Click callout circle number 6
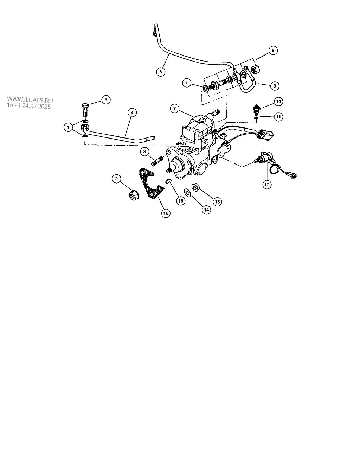pos(161,72)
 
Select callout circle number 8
pos(273,50)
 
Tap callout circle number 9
pos(275,86)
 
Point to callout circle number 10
pos(278,102)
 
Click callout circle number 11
pos(278,117)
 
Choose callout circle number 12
pos(267,185)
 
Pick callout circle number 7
pos(175,109)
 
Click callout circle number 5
pos(106,100)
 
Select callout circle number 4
pos(132,112)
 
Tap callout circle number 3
pos(144,152)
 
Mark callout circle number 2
pos(116,179)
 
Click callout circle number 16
pos(166,213)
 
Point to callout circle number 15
pos(181,201)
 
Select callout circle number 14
pos(206,210)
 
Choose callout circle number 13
pos(217,201)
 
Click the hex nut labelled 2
pos(133,195)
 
